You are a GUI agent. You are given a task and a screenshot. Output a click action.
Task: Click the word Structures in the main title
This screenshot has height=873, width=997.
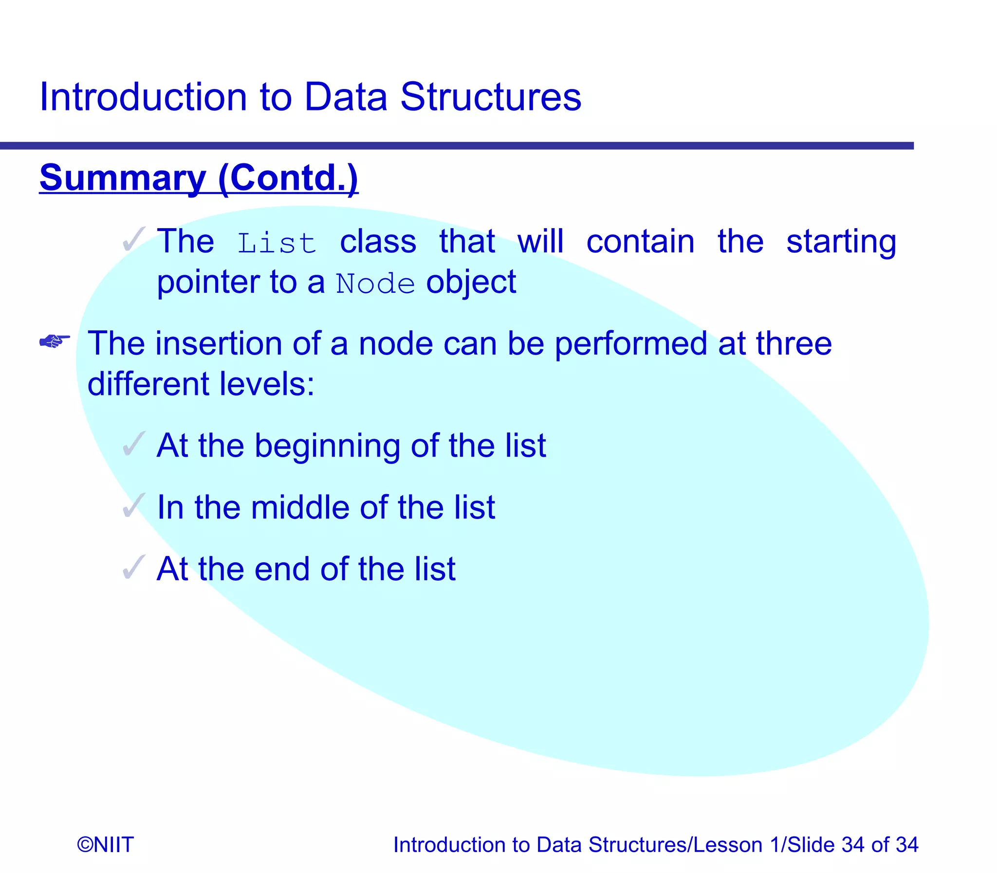490,97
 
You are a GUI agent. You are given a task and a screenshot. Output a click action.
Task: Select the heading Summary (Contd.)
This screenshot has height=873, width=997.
199,178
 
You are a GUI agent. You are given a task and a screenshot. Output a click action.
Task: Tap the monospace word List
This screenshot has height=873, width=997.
277,243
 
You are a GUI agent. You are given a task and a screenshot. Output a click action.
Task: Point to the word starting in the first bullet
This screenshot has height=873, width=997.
841,242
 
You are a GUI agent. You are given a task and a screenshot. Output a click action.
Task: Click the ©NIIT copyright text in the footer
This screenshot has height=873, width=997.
105,844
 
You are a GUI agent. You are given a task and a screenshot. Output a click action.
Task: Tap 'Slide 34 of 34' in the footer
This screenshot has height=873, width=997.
852,844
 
